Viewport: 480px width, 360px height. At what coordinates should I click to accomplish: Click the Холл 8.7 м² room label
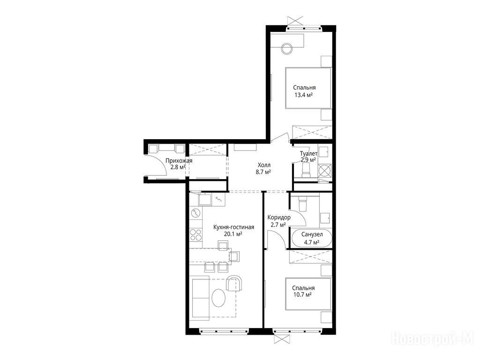pos(263,168)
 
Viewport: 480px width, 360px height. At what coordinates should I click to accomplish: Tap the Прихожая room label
pos(179,161)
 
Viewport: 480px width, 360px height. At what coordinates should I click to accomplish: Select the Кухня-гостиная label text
pos(233,227)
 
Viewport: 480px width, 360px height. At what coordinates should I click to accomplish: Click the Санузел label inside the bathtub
pos(312,234)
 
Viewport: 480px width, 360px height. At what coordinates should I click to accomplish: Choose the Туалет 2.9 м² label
pos(308,157)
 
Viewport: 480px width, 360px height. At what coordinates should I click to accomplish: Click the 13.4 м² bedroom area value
pos(303,95)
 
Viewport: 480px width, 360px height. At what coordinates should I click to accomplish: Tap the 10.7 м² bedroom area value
pos(302,295)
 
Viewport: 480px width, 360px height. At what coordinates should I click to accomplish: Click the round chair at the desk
pos(287,48)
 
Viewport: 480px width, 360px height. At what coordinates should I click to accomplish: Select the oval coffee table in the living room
pos(219,298)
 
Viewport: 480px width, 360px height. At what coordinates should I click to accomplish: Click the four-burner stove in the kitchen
pos(196,234)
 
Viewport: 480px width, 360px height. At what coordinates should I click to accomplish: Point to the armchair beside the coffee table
pos(234,283)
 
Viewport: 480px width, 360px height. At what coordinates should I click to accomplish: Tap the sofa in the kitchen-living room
pos(200,297)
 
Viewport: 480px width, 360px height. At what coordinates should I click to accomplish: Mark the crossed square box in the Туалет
pos(325,171)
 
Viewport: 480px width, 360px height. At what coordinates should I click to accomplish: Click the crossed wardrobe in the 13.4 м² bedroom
pos(312,132)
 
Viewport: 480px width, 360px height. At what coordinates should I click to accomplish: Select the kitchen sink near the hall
pos(205,199)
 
